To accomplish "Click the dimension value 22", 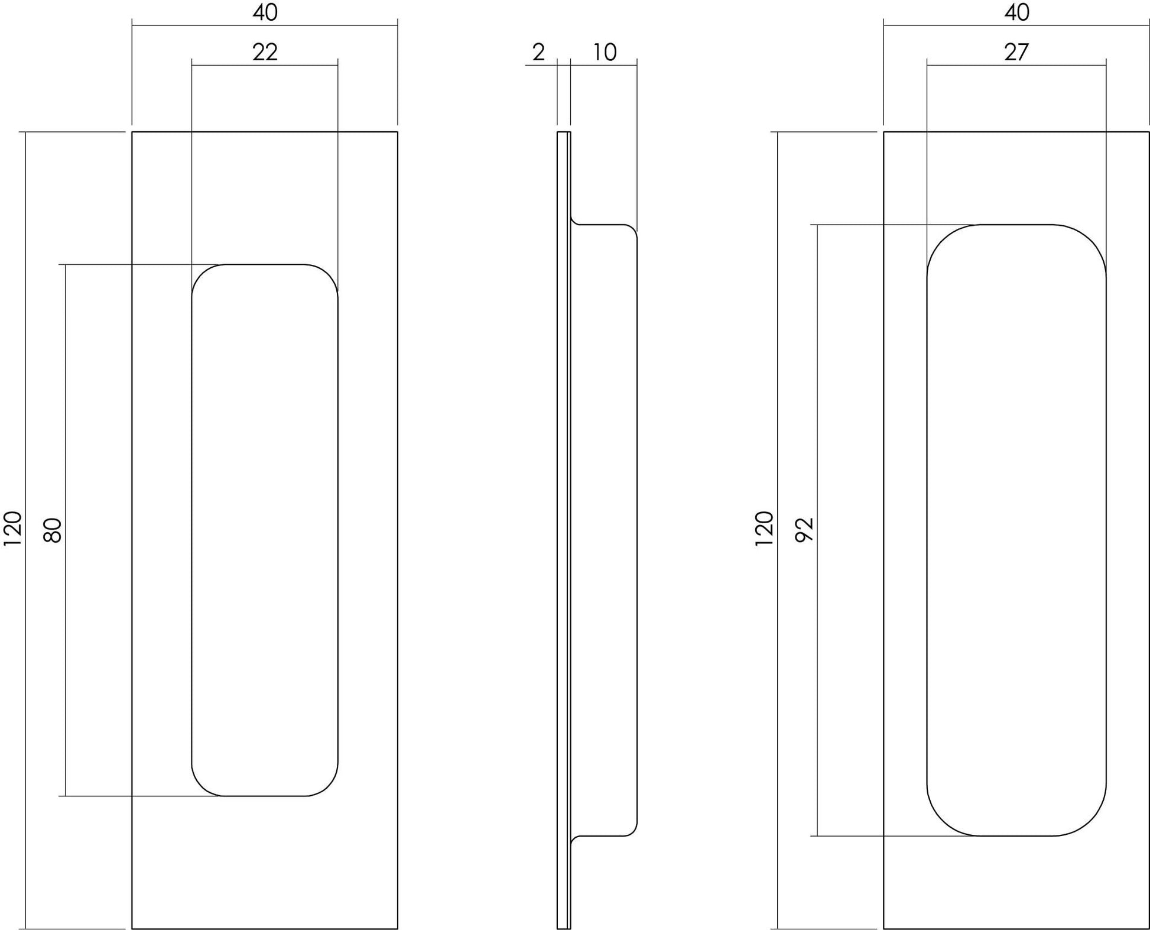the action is click(265, 52).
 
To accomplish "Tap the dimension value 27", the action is click(1016, 52).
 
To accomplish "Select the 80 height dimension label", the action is click(53, 530).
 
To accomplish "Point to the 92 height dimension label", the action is click(805, 530).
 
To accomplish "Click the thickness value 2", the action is click(538, 52).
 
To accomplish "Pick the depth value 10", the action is click(605, 52).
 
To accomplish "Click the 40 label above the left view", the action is click(265, 12).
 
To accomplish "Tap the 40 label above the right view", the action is click(1016, 12).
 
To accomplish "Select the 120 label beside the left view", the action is click(13, 529).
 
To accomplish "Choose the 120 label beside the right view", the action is click(765, 529).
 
